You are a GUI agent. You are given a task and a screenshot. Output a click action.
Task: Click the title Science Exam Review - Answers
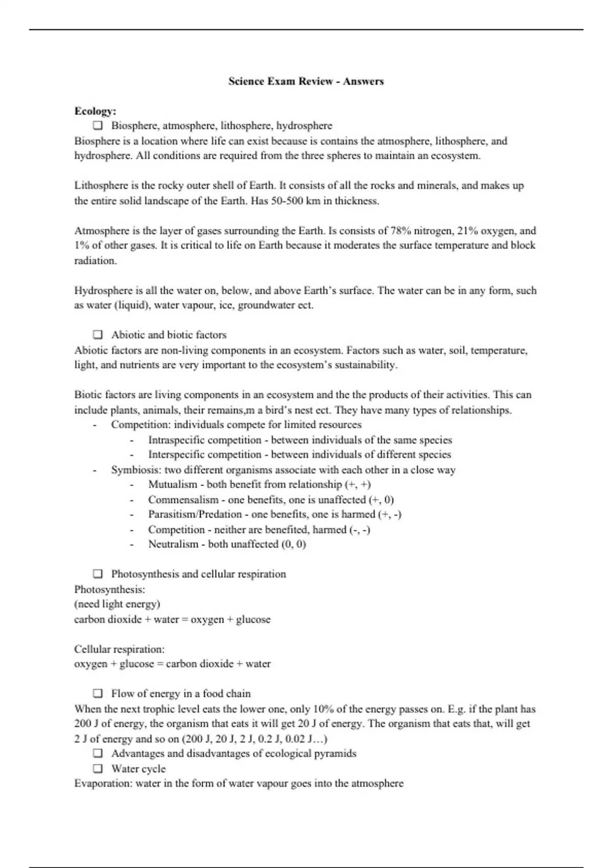306,81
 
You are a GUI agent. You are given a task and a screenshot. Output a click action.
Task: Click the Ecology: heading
95,111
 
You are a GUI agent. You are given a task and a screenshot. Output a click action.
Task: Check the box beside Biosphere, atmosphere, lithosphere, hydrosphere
98,126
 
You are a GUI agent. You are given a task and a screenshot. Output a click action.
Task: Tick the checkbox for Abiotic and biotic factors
98,335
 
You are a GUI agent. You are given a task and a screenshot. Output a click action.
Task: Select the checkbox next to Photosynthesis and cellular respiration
98,574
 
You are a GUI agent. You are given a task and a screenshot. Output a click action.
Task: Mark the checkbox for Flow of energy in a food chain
98,693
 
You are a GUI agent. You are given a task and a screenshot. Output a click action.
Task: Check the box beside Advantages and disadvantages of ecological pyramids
98,754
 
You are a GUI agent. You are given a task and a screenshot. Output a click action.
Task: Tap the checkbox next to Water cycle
98,768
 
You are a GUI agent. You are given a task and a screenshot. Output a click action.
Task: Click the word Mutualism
173,484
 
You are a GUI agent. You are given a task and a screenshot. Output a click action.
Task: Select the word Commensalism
183,499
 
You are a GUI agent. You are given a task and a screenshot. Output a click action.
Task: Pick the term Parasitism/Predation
195,514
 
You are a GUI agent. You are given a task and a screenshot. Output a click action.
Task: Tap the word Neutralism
173,544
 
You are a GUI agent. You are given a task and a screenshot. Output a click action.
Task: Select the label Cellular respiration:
120,649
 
